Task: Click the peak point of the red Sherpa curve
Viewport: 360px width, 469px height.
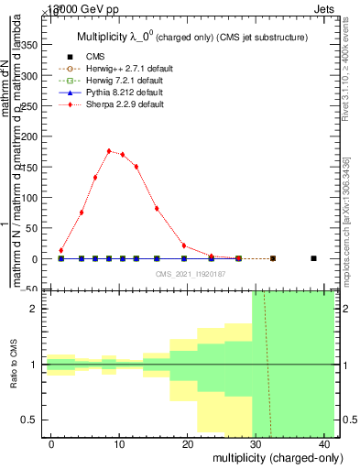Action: pos(109,151)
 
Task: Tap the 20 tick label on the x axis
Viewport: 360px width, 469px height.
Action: pos(187,443)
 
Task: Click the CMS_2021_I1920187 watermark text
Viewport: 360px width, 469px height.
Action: pos(191,273)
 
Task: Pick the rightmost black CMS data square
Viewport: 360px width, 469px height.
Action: pos(313,258)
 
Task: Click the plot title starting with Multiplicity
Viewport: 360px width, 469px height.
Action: pos(190,36)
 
